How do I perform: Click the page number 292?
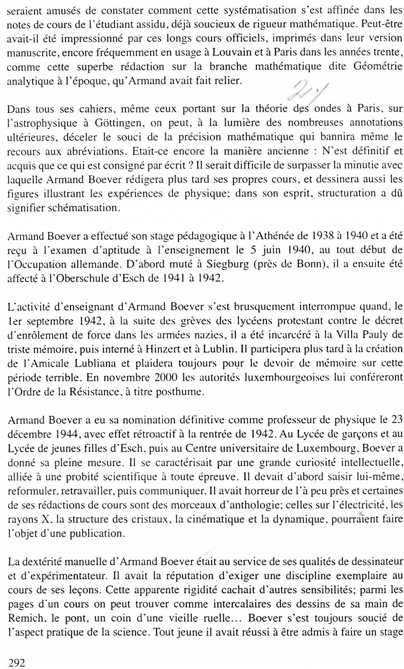pyautogui.click(x=17, y=663)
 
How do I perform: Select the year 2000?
pyautogui.click(x=165, y=378)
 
